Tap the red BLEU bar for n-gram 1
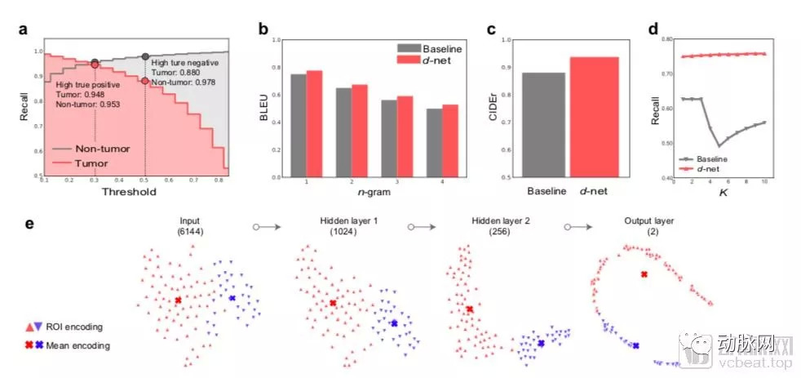[x=313, y=122]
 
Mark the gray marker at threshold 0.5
[x=145, y=56]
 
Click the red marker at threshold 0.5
[x=145, y=81]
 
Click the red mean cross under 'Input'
[x=177, y=300]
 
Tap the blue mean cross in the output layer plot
[x=635, y=346]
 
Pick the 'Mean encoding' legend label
[x=82, y=345]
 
